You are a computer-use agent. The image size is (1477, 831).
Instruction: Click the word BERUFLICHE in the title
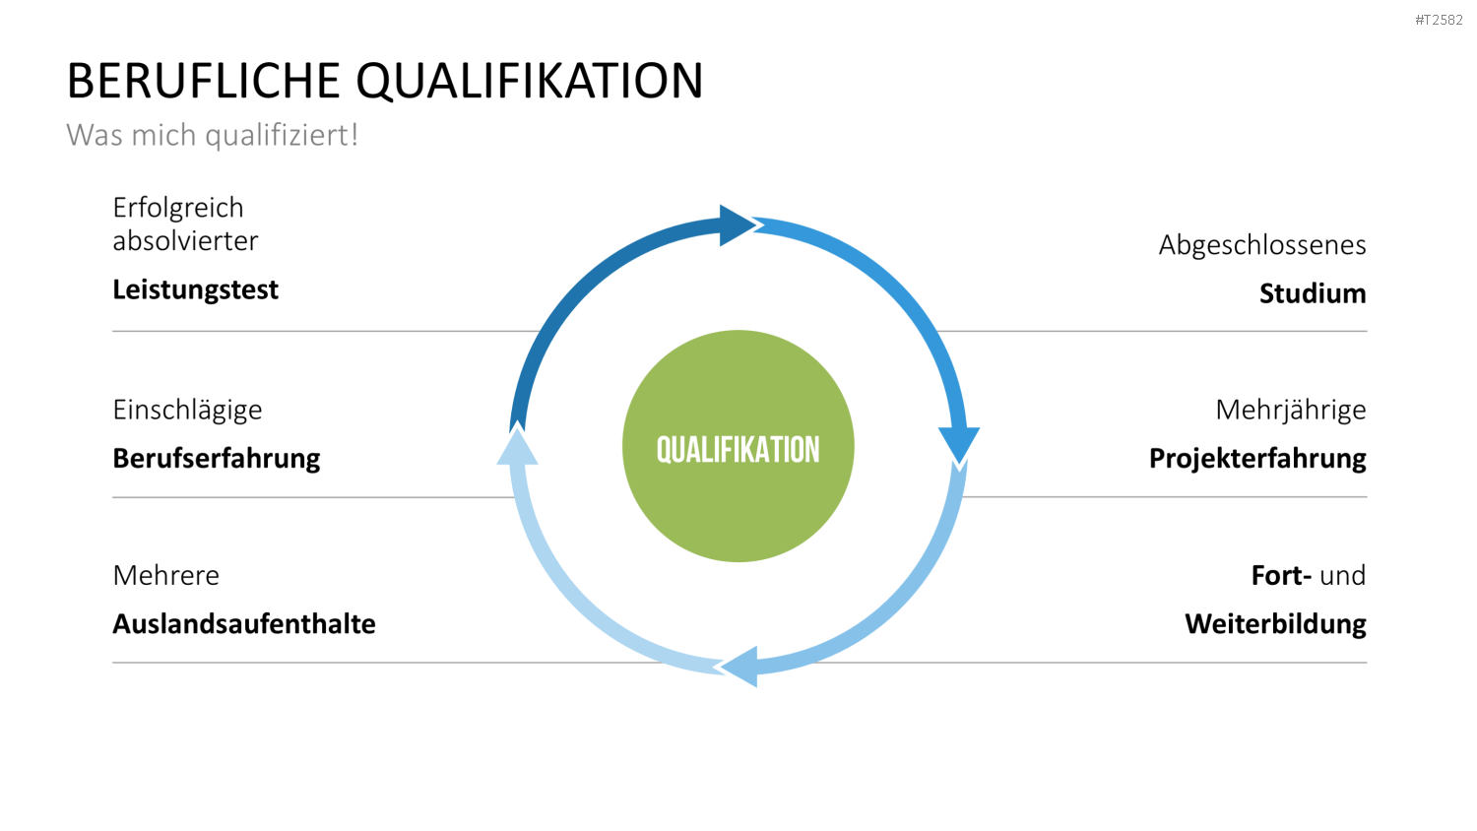203,81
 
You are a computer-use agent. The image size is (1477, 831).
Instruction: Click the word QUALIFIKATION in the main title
530,82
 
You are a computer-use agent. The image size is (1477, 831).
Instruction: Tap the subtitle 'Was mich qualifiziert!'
212,135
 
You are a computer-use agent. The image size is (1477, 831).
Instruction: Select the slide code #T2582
1439,20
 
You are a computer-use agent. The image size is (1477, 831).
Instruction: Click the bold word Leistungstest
195,290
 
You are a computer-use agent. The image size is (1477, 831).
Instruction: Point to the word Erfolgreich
178,208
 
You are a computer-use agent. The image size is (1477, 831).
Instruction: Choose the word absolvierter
185,240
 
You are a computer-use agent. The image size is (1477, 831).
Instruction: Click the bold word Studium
1313,293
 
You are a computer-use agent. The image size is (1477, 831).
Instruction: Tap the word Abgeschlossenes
1262,245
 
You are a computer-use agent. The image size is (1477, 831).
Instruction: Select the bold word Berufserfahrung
217,459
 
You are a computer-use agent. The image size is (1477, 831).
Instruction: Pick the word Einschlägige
187,411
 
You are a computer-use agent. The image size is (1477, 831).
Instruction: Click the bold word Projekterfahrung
1257,459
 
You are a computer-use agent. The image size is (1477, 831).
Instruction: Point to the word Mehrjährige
1291,411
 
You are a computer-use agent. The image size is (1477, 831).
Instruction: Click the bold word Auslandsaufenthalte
244,624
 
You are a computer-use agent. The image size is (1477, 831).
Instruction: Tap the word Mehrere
166,576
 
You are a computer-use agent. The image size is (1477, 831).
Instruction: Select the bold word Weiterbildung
1275,624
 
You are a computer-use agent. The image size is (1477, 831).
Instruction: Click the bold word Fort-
1281,576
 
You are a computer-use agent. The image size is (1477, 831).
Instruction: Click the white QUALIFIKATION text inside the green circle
738,450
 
